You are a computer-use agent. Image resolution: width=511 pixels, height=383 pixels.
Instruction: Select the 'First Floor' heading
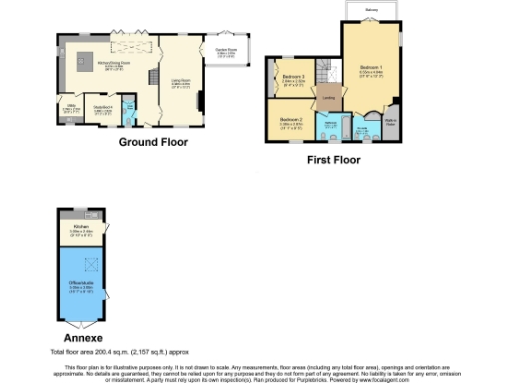pos(332,159)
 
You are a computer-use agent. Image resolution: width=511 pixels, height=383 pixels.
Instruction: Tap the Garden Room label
pos(226,53)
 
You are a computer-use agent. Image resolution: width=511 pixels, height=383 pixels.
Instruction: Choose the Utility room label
pos(71,109)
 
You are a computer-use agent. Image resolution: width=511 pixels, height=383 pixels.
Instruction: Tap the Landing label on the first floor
pos(327,99)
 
